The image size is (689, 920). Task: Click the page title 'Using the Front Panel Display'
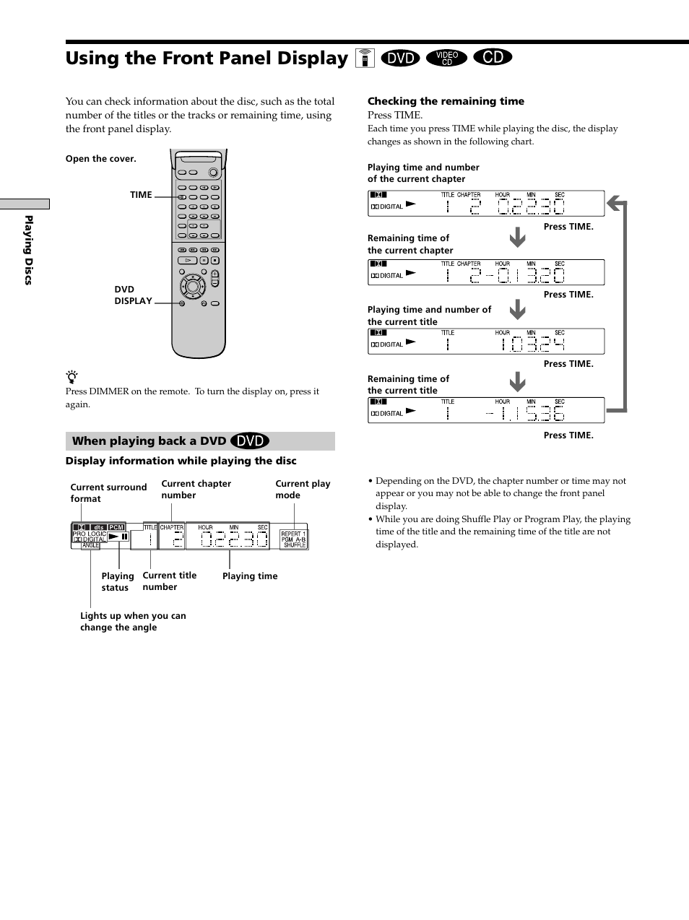pyautogui.click(x=207, y=58)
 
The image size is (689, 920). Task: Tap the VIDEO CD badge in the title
pyautogui.click(x=446, y=58)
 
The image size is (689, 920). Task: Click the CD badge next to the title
pyautogui.click(x=493, y=57)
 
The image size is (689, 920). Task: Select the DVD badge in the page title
pyautogui.click(x=400, y=58)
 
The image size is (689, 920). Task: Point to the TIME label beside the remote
pyautogui.click(x=141, y=195)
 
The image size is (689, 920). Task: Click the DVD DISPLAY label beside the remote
pyautogui.click(x=133, y=295)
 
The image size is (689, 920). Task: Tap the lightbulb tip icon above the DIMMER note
pyautogui.click(x=71, y=376)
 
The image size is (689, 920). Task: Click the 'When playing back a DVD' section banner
pyautogui.click(x=200, y=441)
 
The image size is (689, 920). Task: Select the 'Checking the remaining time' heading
pyautogui.click(x=446, y=102)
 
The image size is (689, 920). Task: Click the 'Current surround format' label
pyautogui.click(x=108, y=493)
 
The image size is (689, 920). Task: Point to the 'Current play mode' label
pyautogui.click(x=303, y=490)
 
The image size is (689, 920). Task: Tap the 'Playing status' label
pyautogui.click(x=117, y=582)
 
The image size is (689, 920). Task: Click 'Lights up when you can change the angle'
pyautogui.click(x=133, y=622)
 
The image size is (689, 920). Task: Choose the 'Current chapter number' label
pyautogui.click(x=196, y=490)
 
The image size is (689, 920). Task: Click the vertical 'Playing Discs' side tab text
pyautogui.click(x=29, y=250)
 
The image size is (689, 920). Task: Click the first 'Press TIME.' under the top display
pyautogui.click(x=568, y=227)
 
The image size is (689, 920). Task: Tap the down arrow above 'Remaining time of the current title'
pyautogui.click(x=517, y=381)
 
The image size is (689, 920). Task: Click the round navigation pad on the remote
pyautogui.click(x=193, y=287)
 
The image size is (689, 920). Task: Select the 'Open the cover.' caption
pyautogui.click(x=100, y=159)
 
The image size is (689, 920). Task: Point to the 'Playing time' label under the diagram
pyautogui.click(x=250, y=576)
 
